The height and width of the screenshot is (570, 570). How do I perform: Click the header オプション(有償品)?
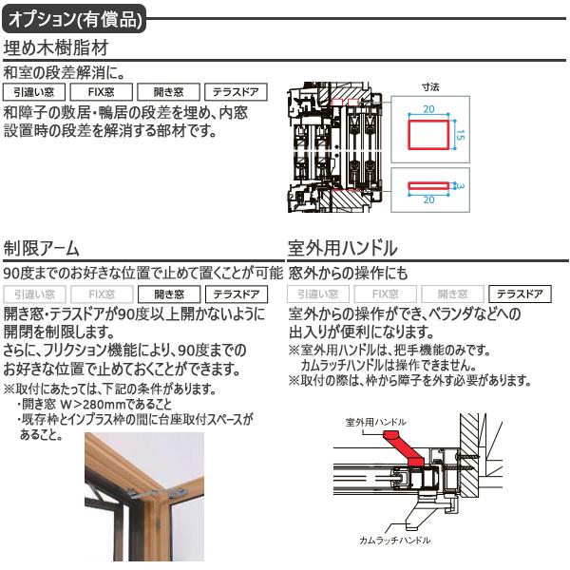click(76, 17)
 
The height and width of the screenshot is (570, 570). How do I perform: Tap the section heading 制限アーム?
click(42, 249)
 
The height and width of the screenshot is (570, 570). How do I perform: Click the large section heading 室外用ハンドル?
click(343, 249)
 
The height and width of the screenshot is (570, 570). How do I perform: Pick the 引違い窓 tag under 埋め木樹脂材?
click(34, 93)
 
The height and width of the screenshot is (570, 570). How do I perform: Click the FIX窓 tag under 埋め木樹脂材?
click(101, 93)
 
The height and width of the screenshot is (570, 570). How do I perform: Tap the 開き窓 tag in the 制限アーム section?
click(168, 294)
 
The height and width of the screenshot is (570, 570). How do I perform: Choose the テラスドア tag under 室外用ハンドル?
click(520, 294)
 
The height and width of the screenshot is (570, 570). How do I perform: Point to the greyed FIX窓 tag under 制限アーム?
click(101, 294)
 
